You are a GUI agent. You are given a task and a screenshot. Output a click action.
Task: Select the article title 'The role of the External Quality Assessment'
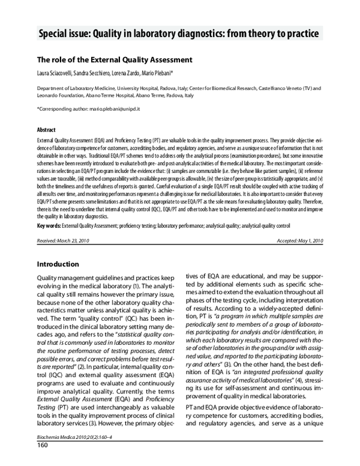tap(115, 60)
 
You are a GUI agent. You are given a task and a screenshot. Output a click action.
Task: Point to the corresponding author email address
tap(118, 109)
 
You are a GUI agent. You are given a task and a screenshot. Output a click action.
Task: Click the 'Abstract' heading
tap(47, 130)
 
